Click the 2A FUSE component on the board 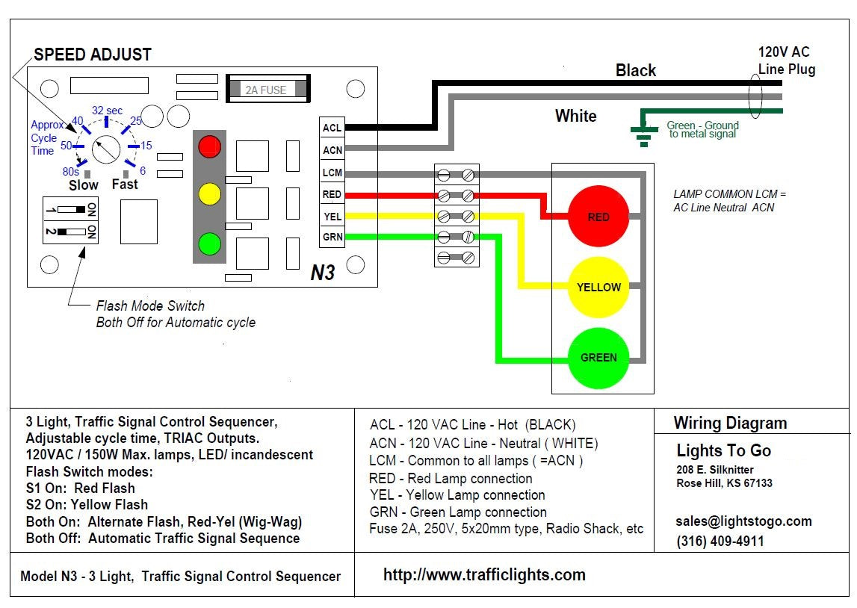[x=266, y=90]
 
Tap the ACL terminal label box [x=332, y=128]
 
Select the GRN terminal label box [x=332, y=238]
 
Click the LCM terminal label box [x=332, y=173]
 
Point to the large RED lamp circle [x=598, y=217]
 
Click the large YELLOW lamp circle [x=598, y=287]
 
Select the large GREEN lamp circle [x=598, y=357]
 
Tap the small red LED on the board [x=209, y=146]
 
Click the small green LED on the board [x=209, y=243]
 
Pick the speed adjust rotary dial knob [x=105, y=149]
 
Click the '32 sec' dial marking [x=107, y=111]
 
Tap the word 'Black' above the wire [x=635, y=70]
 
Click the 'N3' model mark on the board [x=322, y=273]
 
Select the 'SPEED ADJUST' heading [x=93, y=55]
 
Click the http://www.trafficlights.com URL [x=484, y=574]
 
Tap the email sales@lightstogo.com [x=743, y=521]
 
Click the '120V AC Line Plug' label [x=786, y=61]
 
